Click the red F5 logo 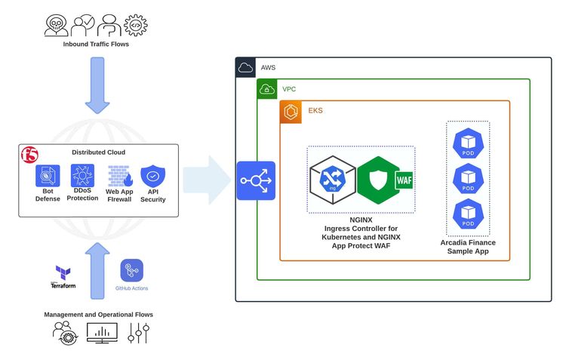[x=30, y=155]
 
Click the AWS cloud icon [x=246, y=68]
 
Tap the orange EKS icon [x=291, y=111]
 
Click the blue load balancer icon [x=256, y=180]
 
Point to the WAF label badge [x=405, y=180]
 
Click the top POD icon [x=468, y=143]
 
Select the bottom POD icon [x=468, y=214]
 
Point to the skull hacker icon [x=56, y=25]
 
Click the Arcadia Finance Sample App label [x=468, y=247]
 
